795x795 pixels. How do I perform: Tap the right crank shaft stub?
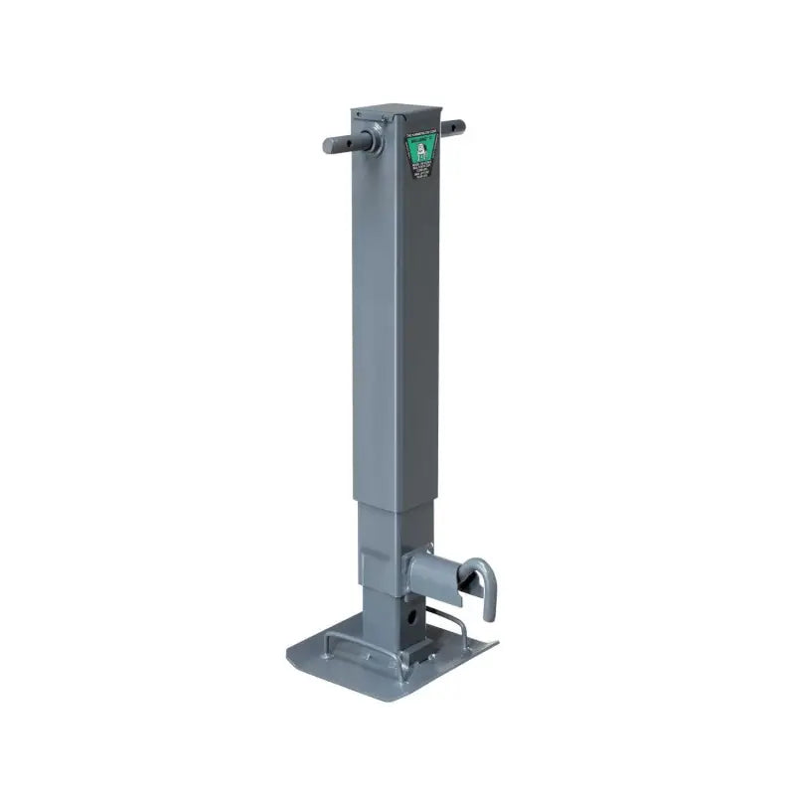click(453, 127)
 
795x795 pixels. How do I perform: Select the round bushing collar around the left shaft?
click(379, 136)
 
